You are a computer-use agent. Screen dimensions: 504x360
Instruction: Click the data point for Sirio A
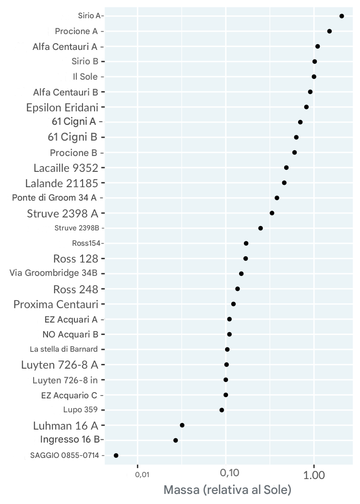point(342,16)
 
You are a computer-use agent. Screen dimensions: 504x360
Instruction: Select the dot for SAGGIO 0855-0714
point(116,455)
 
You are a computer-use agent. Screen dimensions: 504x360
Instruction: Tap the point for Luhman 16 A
point(182,425)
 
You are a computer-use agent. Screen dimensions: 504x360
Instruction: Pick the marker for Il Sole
point(314,77)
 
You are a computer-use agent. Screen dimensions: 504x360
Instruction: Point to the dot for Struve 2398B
point(261,228)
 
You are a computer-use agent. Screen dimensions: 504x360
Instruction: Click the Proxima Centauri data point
point(233,304)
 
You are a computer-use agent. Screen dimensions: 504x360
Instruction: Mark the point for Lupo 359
point(222,410)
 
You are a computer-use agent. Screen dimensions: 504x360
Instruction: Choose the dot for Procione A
point(329,31)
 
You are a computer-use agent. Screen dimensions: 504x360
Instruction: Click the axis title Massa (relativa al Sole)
point(228,490)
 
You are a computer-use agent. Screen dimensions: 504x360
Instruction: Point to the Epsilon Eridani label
point(62,107)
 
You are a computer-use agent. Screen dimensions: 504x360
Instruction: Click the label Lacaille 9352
point(66,168)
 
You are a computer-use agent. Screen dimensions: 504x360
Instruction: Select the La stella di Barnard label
point(64,349)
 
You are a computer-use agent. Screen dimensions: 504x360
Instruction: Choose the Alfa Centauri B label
point(66,92)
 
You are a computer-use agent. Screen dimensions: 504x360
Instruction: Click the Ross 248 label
point(75,289)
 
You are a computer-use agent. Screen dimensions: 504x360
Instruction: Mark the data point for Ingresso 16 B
point(176,440)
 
